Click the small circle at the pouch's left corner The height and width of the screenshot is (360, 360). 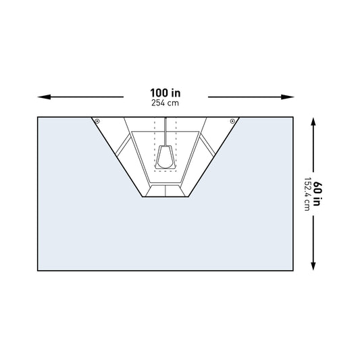click(x=98, y=122)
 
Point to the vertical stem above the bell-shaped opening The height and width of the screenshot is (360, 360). click(x=165, y=132)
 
